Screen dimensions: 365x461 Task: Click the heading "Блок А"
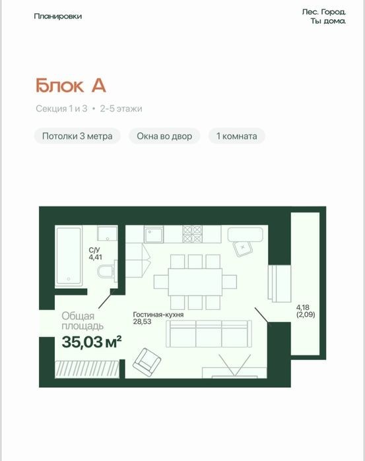coord(71,86)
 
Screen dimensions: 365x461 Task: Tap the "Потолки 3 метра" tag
coord(77,136)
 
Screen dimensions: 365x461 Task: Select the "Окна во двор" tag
coord(164,136)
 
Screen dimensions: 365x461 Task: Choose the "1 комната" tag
coord(237,136)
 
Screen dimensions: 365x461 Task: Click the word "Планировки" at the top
coord(57,16)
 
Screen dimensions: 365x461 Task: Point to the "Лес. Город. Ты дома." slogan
coord(324,16)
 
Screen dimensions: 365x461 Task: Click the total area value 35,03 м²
coord(92,342)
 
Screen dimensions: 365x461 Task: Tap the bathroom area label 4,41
coord(96,257)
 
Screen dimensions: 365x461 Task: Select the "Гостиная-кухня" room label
coord(158,315)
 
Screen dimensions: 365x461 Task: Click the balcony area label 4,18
coord(302,307)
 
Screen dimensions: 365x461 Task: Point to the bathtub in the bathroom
coord(69,257)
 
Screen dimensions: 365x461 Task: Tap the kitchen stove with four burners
coord(192,234)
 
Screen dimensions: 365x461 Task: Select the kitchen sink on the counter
coord(154,234)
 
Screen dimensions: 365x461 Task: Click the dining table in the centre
coord(195,282)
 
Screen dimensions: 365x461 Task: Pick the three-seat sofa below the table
coord(209,334)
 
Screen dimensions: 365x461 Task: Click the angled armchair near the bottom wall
coord(147,363)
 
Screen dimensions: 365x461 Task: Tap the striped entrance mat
coord(87,369)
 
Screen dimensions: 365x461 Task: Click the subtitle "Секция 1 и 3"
coord(61,109)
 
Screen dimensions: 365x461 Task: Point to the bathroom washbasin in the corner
coord(108,234)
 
